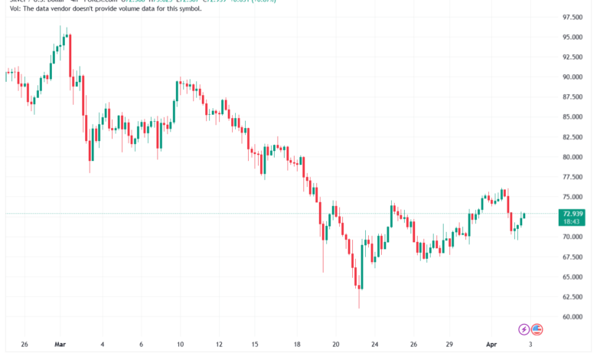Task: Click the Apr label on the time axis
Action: pyautogui.click(x=492, y=345)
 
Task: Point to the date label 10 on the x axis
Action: pyautogui.click(x=181, y=345)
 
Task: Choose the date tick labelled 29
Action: pyautogui.click(x=452, y=345)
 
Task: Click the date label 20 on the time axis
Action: pyautogui.click(x=336, y=345)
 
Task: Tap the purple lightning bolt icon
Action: pyautogui.click(x=524, y=329)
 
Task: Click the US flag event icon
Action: pyautogui.click(x=537, y=329)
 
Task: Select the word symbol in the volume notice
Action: pyautogui.click(x=188, y=9)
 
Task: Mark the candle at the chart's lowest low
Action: pyautogui.click(x=359, y=291)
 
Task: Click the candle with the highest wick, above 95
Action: pyautogui.click(x=60, y=38)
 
